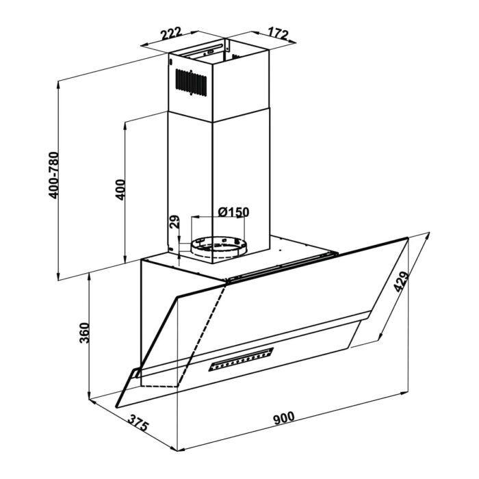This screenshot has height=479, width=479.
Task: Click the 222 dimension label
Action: (x=171, y=34)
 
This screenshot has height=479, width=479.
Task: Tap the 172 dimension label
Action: (x=278, y=34)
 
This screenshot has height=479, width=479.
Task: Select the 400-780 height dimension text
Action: (x=54, y=175)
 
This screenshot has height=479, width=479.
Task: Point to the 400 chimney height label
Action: (x=120, y=190)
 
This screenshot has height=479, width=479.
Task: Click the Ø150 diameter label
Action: (x=234, y=211)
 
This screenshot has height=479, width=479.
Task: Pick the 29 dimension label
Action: (x=174, y=222)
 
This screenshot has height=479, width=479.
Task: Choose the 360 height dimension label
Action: (x=84, y=333)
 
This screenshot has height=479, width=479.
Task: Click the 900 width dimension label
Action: (x=284, y=418)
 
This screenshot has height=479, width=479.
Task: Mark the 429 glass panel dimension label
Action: (x=401, y=281)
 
